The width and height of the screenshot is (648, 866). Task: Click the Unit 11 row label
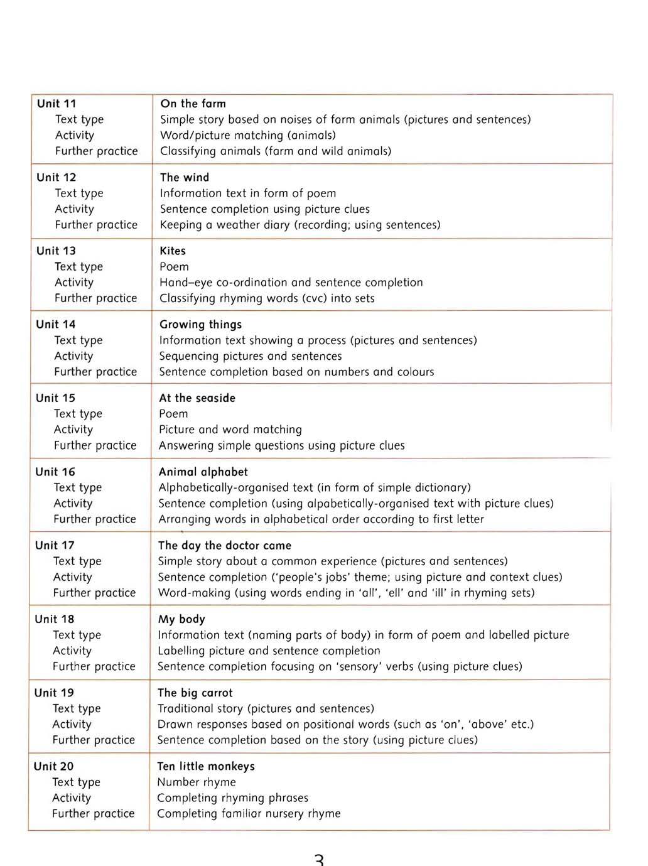pos(57,104)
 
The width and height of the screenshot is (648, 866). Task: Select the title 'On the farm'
pos(193,104)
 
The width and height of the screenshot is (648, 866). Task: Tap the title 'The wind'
pos(184,177)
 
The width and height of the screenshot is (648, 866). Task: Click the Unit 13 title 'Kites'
pos(173,251)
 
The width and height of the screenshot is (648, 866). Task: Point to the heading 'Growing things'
pos(200,324)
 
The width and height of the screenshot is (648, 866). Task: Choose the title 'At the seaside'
pos(197,398)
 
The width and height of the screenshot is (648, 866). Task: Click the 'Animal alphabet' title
pos(203,472)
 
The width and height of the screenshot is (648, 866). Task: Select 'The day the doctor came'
pos(225,545)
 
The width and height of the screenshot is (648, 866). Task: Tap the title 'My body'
pos(181,619)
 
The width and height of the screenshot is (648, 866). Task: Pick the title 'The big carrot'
pos(195,693)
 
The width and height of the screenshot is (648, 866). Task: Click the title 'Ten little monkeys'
pos(206,766)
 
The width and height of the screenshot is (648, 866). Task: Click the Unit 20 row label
pos(53,766)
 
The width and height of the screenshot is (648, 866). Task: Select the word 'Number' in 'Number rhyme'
pos(178,782)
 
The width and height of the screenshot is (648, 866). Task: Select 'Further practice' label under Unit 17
pos(94,593)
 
